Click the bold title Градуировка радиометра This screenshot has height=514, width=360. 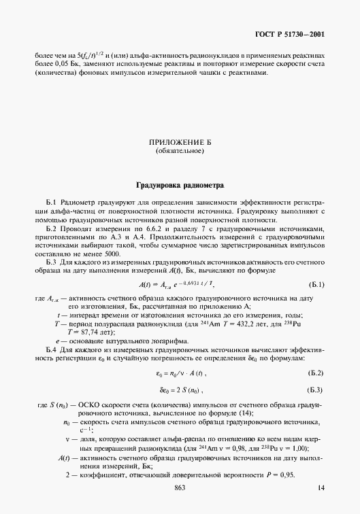click(180, 184)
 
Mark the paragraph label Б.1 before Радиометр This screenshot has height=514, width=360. click(52, 203)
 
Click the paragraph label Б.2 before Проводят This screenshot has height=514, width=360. click(52, 230)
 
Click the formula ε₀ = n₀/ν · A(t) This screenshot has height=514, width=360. click(180, 373)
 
